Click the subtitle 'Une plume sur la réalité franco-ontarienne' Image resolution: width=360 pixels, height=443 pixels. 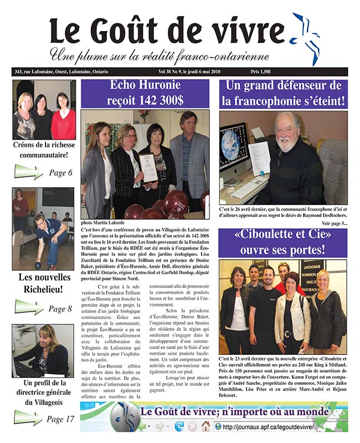tap(160, 56)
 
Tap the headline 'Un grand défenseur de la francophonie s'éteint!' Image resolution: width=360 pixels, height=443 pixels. tap(282, 93)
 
